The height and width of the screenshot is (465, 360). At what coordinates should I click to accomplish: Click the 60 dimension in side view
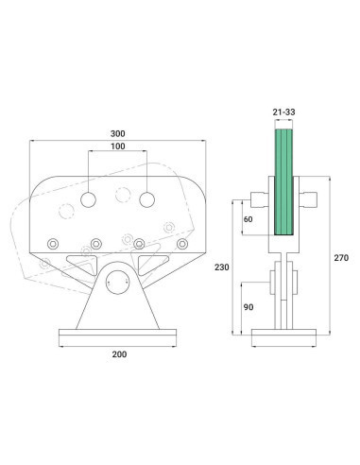pyautogui.click(x=248, y=218)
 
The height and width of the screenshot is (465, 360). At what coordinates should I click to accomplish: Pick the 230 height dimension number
pyautogui.click(x=220, y=267)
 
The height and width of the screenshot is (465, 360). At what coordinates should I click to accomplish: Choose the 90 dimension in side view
pyautogui.click(x=248, y=307)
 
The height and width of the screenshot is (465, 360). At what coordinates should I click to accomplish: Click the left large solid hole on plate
pyautogui.click(x=88, y=201)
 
